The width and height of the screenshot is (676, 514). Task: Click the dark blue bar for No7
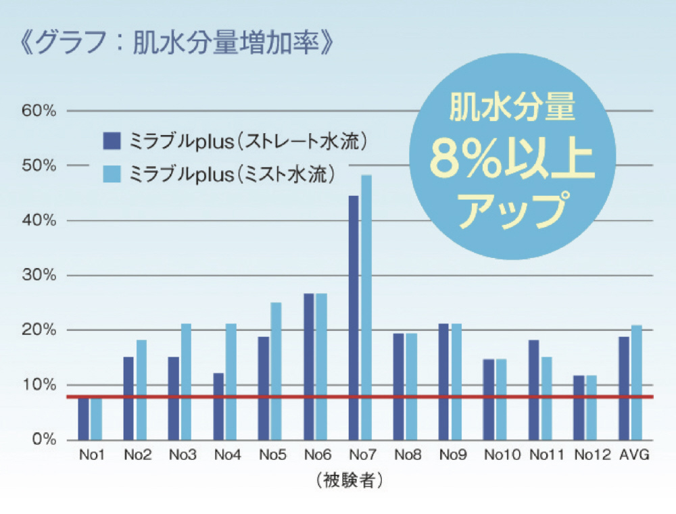click(x=354, y=317)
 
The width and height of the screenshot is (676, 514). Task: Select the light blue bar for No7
click(x=366, y=307)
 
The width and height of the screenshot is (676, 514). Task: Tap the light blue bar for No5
click(x=276, y=371)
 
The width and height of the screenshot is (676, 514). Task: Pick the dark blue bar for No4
click(x=218, y=406)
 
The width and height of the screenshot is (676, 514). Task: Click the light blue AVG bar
click(x=637, y=382)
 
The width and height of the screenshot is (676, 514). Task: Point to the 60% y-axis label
click(x=39, y=111)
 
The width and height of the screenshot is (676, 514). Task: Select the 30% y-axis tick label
click(x=39, y=276)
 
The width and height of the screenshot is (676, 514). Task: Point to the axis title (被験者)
click(x=349, y=480)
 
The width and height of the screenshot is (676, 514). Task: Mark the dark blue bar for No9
click(x=443, y=382)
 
